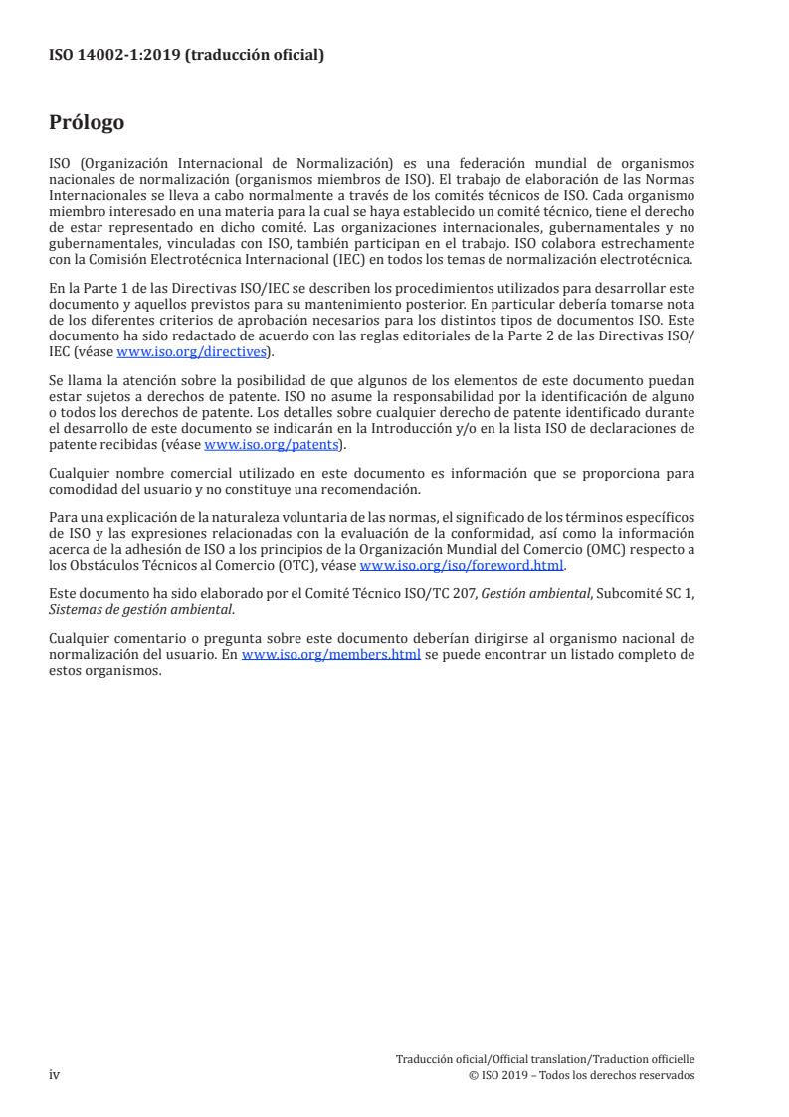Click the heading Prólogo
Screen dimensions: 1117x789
tap(87, 123)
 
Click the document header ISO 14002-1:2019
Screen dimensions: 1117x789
tap(186, 56)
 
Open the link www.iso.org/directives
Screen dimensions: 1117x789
tap(191, 351)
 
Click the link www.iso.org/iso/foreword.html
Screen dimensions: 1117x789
tap(462, 565)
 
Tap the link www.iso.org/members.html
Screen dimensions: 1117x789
tap(330, 655)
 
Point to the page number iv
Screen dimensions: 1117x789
tap(55, 1075)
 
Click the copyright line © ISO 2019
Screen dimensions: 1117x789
tap(581, 1075)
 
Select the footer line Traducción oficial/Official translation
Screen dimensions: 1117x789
tap(544, 1059)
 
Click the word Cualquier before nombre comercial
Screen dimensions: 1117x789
tap(81, 473)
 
